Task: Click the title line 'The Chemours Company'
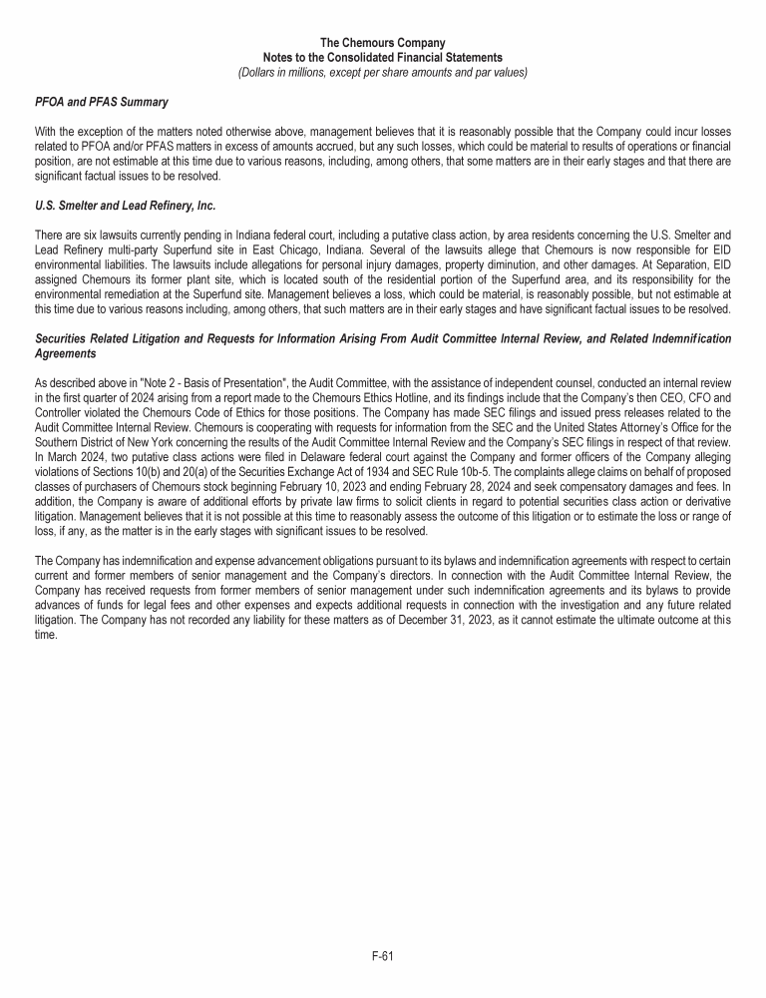point(383,43)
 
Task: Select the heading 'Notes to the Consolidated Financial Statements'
point(383,58)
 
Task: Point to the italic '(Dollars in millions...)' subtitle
point(383,72)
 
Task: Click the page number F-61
point(383,955)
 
